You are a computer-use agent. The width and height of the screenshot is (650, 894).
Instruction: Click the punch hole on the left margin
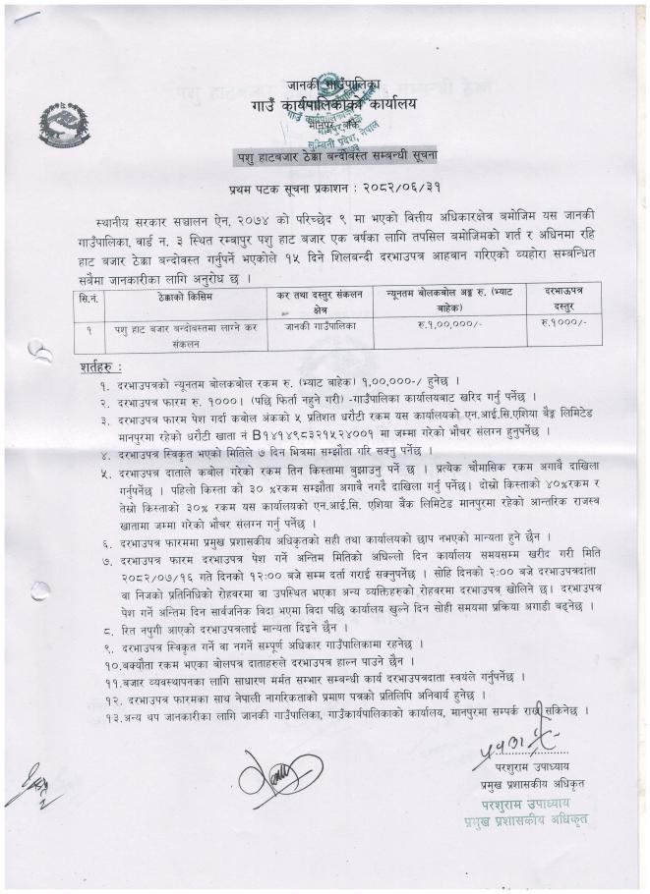[x=39, y=351]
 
